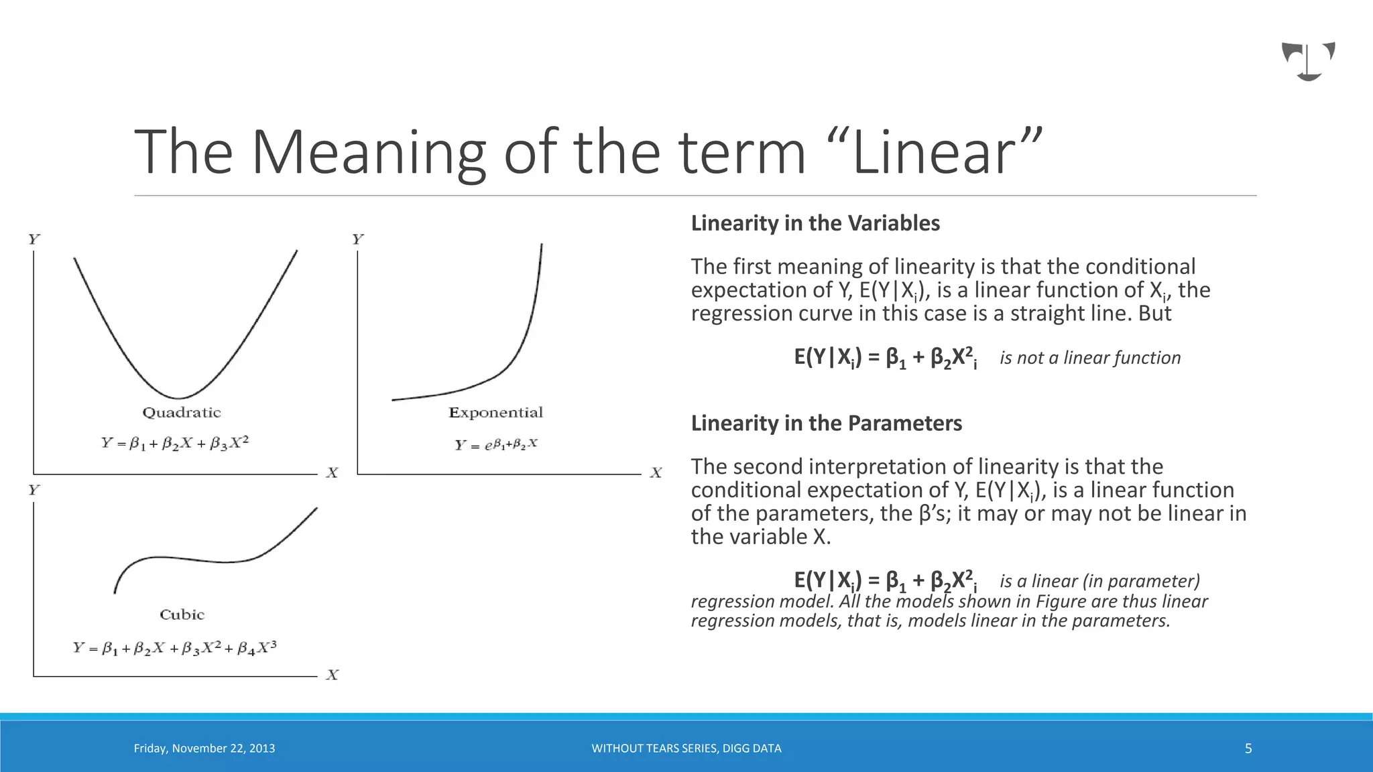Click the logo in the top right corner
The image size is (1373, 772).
pyautogui.click(x=1308, y=61)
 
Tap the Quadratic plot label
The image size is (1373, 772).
pyautogui.click(x=182, y=413)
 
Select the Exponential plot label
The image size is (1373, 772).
pyautogui.click(x=495, y=413)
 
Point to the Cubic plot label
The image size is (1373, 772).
pyautogui.click(x=182, y=615)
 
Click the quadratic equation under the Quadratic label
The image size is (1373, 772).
pyautogui.click(x=175, y=443)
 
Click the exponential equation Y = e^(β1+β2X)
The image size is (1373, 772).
pyautogui.click(x=496, y=444)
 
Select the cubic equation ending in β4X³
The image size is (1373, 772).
pyautogui.click(x=175, y=648)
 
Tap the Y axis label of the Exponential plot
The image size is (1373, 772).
pyautogui.click(x=358, y=239)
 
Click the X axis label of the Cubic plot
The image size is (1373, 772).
pyautogui.click(x=333, y=675)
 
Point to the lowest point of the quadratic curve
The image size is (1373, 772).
pyautogui.click(x=178, y=398)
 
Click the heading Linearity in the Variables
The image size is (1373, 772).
pyautogui.click(x=815, y=223)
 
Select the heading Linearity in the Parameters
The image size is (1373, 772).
pyautogui.click(x=826, y=424)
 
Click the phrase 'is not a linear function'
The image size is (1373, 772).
pyautogui.click(x=1090, y=358)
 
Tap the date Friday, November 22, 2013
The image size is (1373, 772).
pyautogui.click(x=204, y=749)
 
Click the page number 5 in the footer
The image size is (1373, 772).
pyautogui.click(x=1248, y=749)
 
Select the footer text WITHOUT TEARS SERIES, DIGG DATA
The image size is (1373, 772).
pyautogui.click(x=686, y=749)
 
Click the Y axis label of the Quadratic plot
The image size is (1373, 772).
pyautogui.click(x=34, y=239)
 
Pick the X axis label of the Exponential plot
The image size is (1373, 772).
pyautogui.click(x=656, y=473)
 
